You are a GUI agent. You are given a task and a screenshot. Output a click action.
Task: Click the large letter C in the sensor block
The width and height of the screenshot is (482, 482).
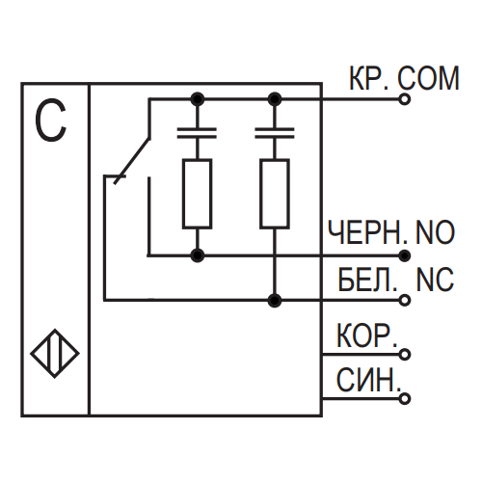click(51, 120)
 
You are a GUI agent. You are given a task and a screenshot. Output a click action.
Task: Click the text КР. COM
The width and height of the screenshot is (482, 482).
click(404, 78)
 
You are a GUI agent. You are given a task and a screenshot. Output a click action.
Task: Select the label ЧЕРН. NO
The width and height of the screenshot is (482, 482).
click(391, 232)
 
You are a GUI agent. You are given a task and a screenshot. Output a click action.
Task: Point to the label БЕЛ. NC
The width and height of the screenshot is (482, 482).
click(396, 280)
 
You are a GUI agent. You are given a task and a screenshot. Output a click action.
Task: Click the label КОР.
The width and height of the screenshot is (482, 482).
click(367, 335)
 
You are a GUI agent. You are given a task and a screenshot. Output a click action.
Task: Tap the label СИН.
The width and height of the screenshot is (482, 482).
click(368, 380)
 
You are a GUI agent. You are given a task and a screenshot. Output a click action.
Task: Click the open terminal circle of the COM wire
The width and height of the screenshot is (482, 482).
click(405, 99)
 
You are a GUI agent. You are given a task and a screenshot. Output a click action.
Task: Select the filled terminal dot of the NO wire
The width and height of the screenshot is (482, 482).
click(405, 255)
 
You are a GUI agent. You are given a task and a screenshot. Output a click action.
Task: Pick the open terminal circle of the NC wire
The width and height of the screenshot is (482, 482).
click(405, 300)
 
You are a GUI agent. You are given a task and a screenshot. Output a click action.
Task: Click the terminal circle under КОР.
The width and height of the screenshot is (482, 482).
click(405, 354)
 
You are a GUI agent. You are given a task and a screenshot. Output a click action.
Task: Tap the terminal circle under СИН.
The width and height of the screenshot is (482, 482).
click(405, 398)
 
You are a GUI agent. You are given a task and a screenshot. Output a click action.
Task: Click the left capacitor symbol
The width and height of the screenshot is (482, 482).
click(197, 133)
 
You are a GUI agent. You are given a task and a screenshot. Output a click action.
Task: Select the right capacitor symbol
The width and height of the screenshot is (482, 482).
click(275, 133)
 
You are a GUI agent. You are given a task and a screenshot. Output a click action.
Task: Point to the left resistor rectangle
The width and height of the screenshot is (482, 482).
click(197, 194)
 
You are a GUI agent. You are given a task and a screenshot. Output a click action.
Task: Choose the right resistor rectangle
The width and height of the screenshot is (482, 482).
click(275, 194)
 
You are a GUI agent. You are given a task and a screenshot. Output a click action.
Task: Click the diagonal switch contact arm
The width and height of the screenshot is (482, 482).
click(132, 161)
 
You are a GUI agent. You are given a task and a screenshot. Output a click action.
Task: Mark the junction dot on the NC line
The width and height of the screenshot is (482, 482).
click(275, 300)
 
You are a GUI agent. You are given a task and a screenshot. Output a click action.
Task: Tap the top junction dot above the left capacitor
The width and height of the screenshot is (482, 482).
click(197, 99)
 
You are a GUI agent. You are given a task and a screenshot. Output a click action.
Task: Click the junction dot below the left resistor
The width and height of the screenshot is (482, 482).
click(197, 255)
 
